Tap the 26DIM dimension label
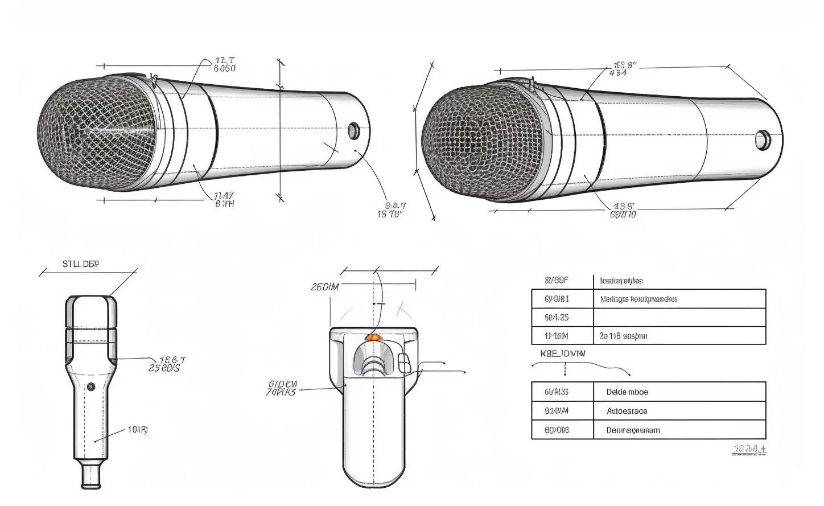pos(324,287)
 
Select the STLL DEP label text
pos(80,264)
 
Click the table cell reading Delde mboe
pos(627,392)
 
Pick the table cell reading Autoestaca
pos(627,411)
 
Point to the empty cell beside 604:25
pos(679,318)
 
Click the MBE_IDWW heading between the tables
pos(562,353)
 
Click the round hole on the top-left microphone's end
pos(353,131)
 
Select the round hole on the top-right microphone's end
pos(762,139)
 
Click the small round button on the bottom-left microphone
pos(91,386)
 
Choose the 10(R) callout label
pos(137,430)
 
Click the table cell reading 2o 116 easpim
pos(623,336)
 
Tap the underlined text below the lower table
pos(749,450)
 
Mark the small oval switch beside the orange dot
pos(403,363)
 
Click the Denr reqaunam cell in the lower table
pos(633,430)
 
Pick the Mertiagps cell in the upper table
pos(638,299)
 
